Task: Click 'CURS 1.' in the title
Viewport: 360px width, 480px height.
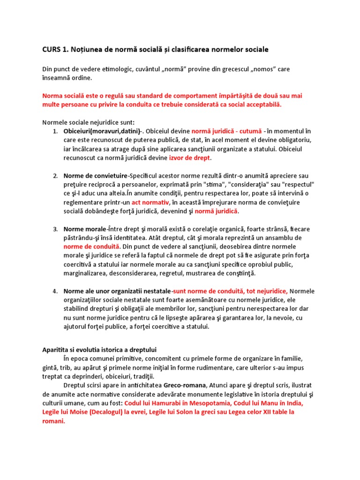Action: tap(55, 49)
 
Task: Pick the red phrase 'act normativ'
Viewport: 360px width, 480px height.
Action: tap(150, 202)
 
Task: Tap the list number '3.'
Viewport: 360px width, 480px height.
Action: tap(55, 229)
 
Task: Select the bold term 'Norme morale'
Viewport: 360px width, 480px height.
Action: tap(85, 229)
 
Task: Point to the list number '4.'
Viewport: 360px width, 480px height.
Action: tap(55, 291)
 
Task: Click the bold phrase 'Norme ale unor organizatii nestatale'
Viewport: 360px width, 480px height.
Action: tap(117, 291)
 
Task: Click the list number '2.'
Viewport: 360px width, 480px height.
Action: tap(55, 176)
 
